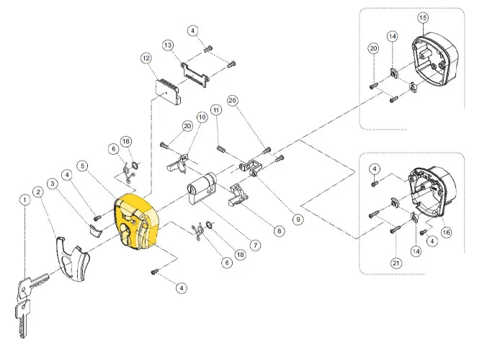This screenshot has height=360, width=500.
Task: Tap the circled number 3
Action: [x=52, y=183]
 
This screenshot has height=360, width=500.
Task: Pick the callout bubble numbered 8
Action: [x=279, y=231]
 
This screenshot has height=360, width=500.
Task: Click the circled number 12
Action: [x=146, y=58]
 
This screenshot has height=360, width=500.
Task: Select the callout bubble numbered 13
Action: [x=168, y=45]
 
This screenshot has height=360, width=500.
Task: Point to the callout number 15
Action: [x=422, y=17]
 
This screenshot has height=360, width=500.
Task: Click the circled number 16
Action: [x=446, y=232]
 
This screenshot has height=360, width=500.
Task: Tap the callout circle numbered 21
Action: [x=396, y=264]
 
